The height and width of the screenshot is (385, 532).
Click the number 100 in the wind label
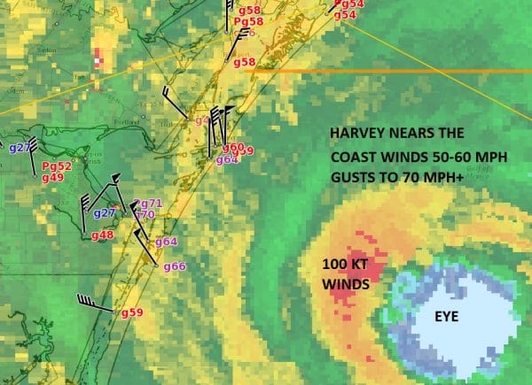coord(336,265)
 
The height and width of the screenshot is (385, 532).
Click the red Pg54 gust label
coord(348,4)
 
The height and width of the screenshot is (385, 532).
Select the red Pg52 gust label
coord(56,166)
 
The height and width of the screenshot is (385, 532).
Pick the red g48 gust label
coord(102,235)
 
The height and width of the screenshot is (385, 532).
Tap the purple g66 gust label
coord(174,266)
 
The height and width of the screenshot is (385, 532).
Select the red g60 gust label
coord(233,147)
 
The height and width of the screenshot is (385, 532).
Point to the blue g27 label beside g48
coord(105,212)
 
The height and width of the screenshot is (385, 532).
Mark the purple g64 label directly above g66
coord(166,242)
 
